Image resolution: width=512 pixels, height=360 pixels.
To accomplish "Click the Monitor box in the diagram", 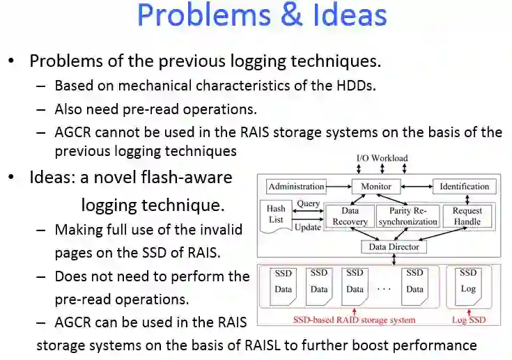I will pos(375,187).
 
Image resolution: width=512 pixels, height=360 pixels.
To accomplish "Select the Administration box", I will pos(297,187).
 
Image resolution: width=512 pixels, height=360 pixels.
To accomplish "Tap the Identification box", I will pos(465,187).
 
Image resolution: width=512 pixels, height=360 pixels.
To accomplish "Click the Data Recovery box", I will pos(350,216).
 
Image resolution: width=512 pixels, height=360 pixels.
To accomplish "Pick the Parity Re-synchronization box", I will pos(408,216).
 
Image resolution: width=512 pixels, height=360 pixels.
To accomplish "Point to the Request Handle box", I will pos(467,216).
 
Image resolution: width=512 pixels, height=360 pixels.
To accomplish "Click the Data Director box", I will pos(394,246).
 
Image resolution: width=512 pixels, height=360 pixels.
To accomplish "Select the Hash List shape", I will pos(277,214).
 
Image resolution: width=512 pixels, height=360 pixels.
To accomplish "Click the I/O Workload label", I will pos(382,159).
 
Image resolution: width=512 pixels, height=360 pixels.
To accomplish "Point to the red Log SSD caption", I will pos(468,320).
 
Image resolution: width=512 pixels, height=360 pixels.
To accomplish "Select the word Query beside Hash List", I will pos(308,204).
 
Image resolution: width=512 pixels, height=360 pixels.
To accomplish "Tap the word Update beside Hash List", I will pos(308,227).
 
